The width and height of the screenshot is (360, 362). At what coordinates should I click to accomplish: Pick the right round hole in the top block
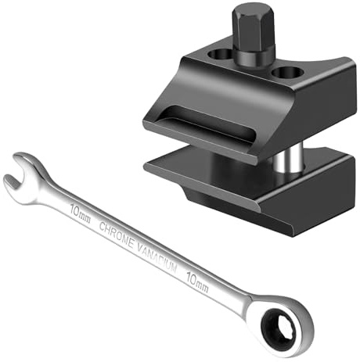click(287, 72)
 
